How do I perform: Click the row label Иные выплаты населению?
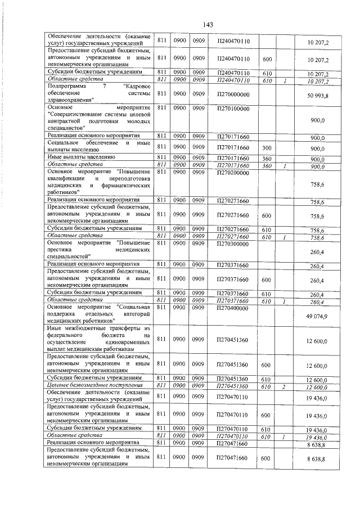pos(82,159)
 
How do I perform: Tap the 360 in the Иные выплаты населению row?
pos(267,159)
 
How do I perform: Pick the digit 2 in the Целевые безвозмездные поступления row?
pos(285,385)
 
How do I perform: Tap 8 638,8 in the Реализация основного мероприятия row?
pos(317,444)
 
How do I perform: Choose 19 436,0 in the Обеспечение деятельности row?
pos(317,397)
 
